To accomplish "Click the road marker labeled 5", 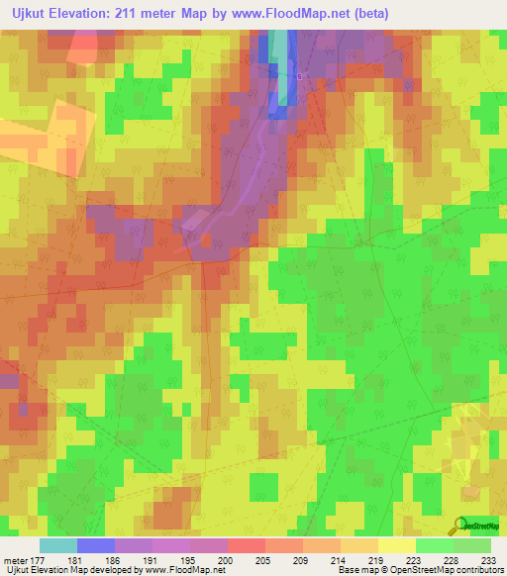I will (299, 75).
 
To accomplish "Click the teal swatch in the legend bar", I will (57, 545).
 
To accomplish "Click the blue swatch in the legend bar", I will (96, 545).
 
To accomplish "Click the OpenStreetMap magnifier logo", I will (461, 526).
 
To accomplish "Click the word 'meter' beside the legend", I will (14, 559).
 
